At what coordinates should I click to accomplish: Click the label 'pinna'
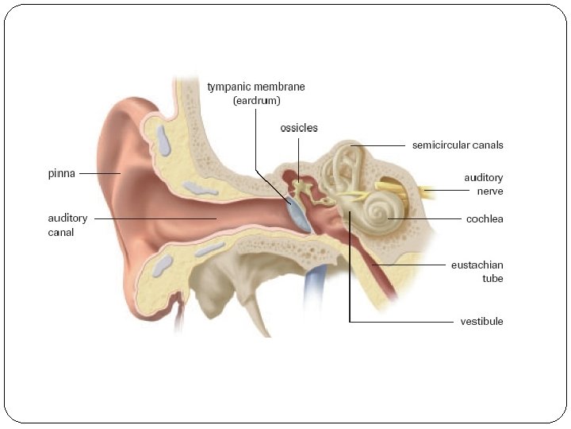coord(60,173)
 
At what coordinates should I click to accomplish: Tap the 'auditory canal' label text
coord(67,225)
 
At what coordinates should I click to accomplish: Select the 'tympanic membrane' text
coord(255,87)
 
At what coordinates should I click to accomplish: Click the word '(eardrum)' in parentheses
coord(255,101)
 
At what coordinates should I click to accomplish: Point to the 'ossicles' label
coord(299,128)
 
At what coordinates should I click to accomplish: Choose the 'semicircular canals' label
coord(458,145)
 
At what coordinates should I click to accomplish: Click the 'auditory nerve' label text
coord(483,184)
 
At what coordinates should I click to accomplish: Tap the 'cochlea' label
coord(485,218)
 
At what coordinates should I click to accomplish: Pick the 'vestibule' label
coord(481,322)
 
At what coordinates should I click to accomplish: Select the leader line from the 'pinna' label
coord(98,173)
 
